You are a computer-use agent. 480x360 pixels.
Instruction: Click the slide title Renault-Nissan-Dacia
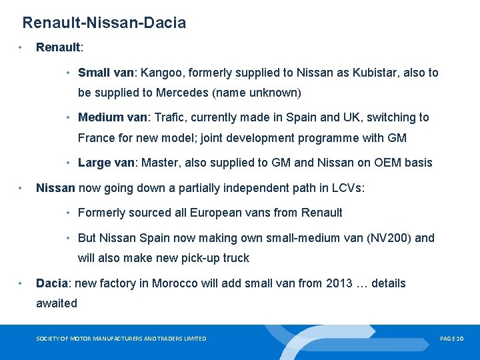coord(104,23)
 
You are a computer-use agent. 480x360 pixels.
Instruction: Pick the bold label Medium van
coord(111,117)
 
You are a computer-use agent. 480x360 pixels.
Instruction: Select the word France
coord(97,138)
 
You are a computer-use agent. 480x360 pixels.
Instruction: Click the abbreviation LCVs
coord(348,188)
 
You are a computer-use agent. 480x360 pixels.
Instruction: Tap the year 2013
coord(339,283)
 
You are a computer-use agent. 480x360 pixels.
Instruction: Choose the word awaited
coord(57,303)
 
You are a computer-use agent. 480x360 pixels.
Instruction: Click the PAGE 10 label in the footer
coord(451,339)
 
